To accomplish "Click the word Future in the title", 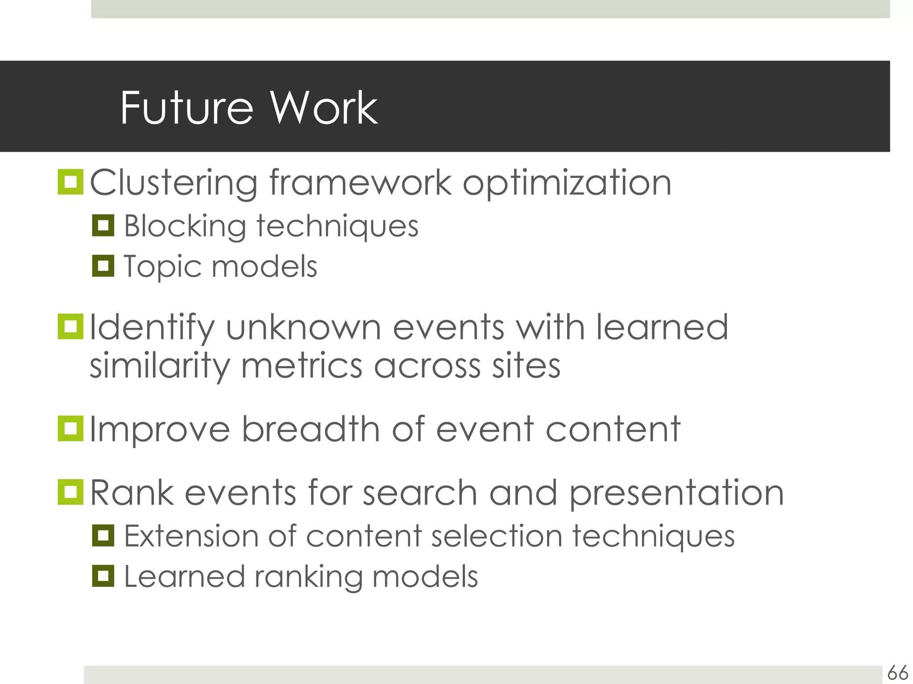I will pyautogui.click(x=186, y=108).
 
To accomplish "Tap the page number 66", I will pyautogui.click(x=897, y=672).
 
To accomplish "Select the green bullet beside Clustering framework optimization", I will pyautogui.click(x=70, y=182).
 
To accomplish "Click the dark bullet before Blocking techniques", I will pyautogui.click(x=103, y=225).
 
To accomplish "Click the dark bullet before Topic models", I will pyautogui.click(x=103, y=266).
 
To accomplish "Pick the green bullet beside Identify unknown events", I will pyautogui.click(x=70, y=326).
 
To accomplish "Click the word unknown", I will pyautogui.click(x=303, y=328).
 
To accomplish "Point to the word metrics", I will pyautogui.click(x=301, y=366).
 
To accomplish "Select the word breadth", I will pyautogui.click(x=311, y=429).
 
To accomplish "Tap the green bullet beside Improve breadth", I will pyautogui.click(x=70, y=428).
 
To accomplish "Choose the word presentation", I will pyautogui.click(x=676, y=493).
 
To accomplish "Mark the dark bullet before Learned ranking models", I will pyautogui.click(x=103, y=576).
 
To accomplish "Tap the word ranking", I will pyautogui.click(x=308, y=577).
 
